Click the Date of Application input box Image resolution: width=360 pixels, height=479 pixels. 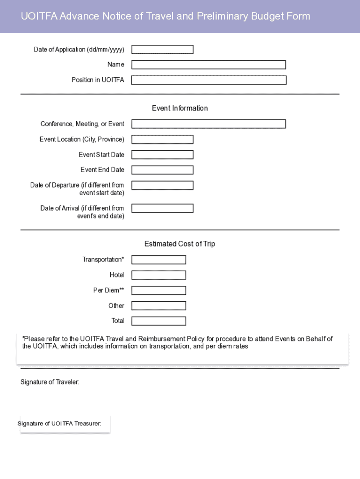pos(162,50)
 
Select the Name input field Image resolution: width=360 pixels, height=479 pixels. pos(209,65)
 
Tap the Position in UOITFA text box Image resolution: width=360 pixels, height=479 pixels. pos(209,80)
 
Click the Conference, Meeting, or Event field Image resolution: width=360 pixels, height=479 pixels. pos(209,124)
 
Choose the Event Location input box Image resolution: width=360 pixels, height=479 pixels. pos(162,139)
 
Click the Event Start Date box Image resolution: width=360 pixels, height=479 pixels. pos(162,155)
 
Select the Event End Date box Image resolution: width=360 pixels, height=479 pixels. pos(162,170)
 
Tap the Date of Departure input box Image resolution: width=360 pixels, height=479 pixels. pos(162,185)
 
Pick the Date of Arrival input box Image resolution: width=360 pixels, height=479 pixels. pos(162,208)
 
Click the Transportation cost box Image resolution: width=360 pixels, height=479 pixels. pos(158,260)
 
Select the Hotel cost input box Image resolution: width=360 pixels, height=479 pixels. pos(158,275)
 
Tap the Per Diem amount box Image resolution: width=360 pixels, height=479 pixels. pos(158,290)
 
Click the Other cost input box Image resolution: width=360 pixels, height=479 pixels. pos(158,306)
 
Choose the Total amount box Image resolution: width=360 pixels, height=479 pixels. pos(158,321)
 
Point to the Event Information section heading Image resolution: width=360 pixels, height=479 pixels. pos(180,109)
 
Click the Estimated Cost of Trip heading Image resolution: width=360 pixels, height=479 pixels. pos(180,244)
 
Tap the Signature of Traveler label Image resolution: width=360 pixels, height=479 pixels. pos(50,382)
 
